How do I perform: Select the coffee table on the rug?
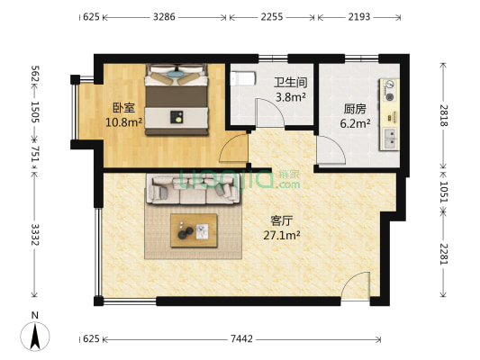point(194,232)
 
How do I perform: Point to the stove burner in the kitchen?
point(390,90)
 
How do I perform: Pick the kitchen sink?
point(392,138)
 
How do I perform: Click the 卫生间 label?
point(290,82)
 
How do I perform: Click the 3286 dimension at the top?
point(165,16)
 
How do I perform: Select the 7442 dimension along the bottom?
point(241,338)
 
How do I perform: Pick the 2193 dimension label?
point(358,16)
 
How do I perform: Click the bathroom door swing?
point(267,113)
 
